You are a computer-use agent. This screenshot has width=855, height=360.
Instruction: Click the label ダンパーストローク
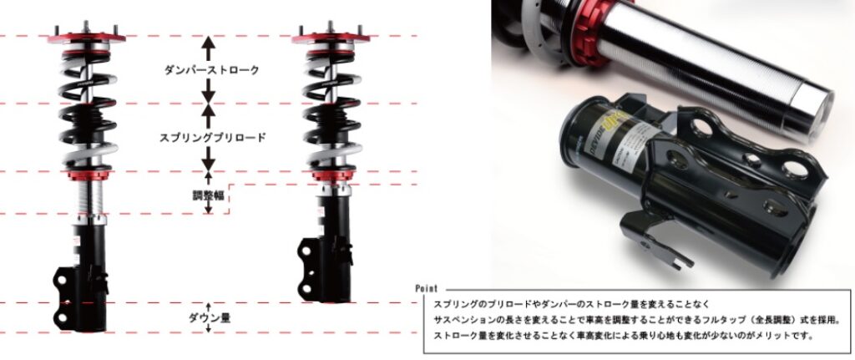tap(211, 70)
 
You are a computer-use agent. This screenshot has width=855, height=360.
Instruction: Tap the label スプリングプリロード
tap(213, 138)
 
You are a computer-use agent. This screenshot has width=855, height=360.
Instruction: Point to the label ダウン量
tap(209, 317)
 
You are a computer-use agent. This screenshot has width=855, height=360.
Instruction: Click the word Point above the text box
tap(426, 288)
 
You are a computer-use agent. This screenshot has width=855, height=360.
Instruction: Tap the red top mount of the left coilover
tap(86, 38)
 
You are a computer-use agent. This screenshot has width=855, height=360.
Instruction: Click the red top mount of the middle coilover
tap(331, 38)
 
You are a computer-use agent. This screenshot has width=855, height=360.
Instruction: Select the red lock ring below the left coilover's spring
tap(86, 175)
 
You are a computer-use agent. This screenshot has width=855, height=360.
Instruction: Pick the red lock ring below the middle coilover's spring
tap(331, 175)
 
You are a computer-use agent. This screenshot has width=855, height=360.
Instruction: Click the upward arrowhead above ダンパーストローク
tap(208, 42)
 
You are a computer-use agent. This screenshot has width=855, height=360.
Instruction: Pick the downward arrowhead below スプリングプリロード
tap(208, 165)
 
